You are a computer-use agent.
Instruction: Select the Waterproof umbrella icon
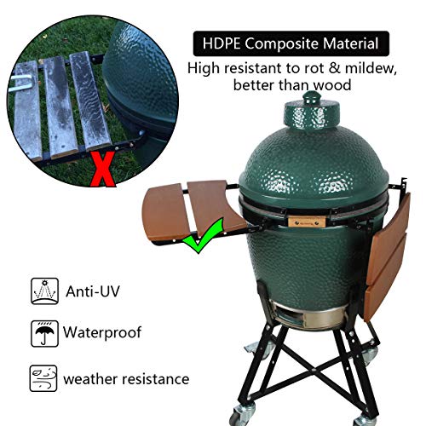(x=41, y=332)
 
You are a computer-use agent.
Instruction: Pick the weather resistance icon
(x=41, y=376)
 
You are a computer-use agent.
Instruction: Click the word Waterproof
(x=103, y=332)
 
